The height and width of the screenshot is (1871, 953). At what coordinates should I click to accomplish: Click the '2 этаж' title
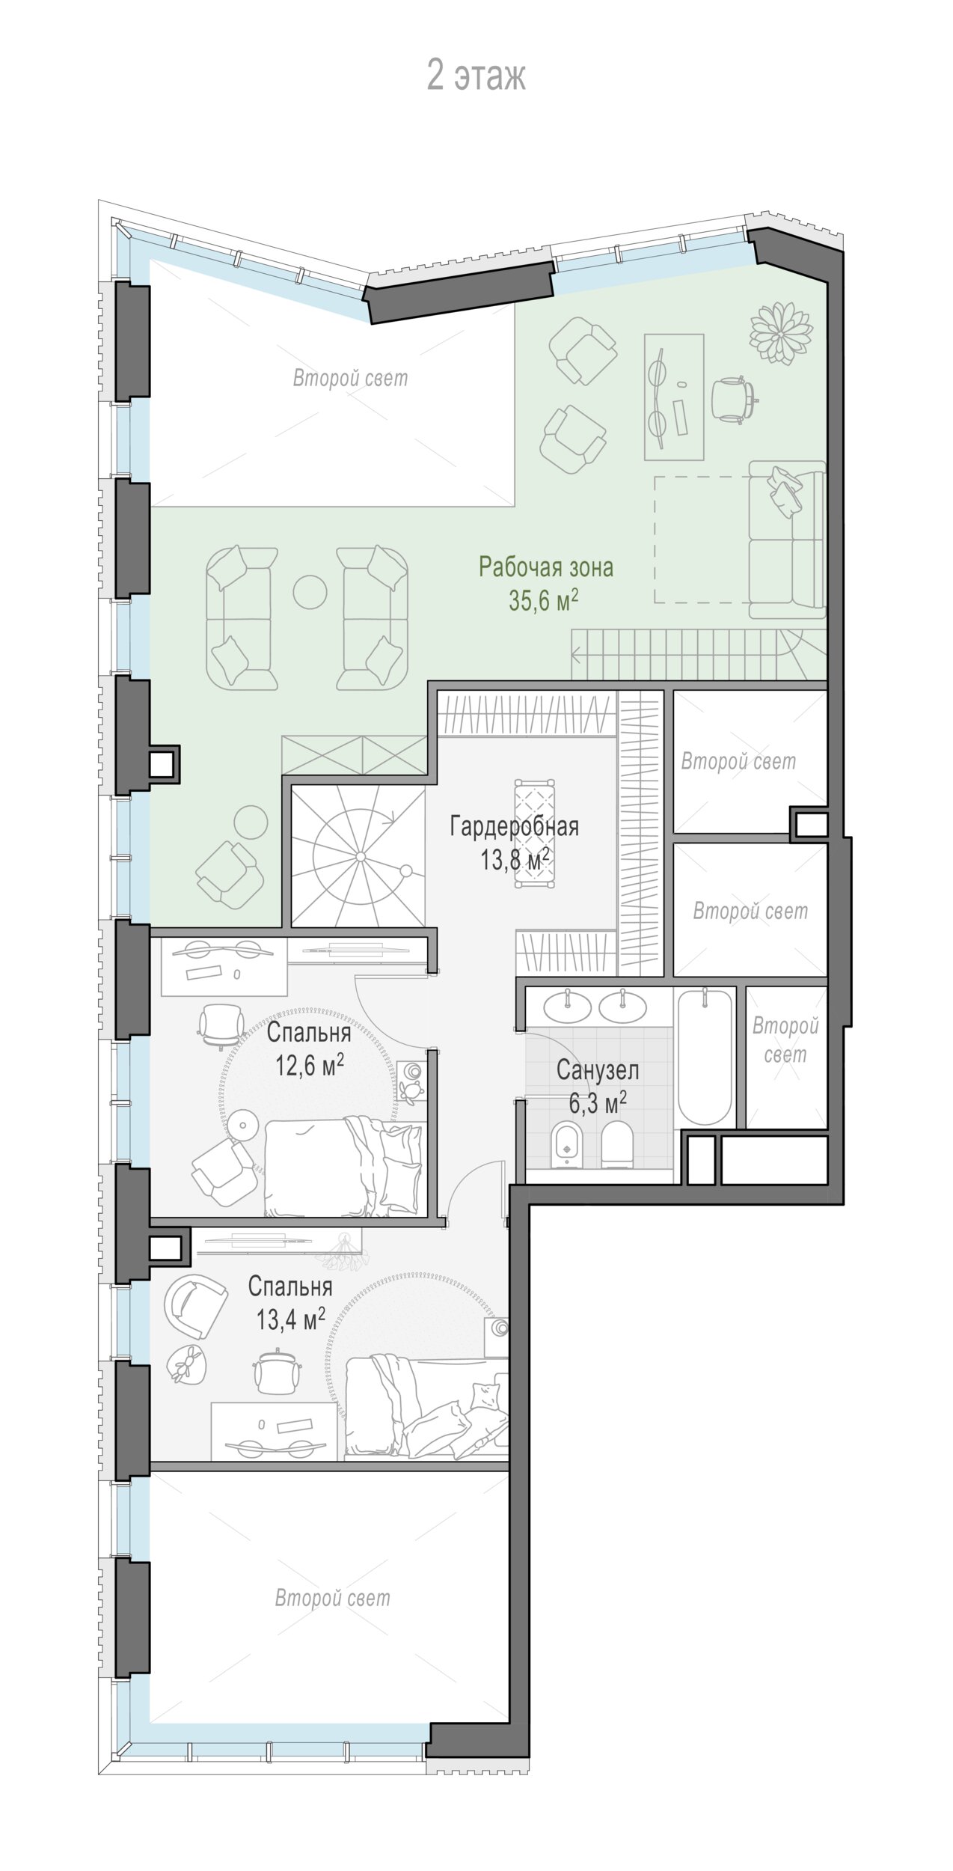[x=476, y=76]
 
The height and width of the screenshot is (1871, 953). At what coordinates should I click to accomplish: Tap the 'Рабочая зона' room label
[x=546, y=567]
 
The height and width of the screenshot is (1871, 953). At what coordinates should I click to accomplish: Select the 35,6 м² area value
[x=544, y=600]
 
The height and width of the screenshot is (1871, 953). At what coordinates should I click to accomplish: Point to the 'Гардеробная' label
[x=515, y=827]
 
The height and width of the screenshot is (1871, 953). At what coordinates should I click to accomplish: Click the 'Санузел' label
[x=598, y=1070]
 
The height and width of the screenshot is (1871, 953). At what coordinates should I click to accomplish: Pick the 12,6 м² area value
[x=309, y=1064]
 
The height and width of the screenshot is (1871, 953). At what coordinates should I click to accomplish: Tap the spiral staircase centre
[x=360, y=856]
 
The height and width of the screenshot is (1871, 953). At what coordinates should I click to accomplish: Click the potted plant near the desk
[x=782, y=332]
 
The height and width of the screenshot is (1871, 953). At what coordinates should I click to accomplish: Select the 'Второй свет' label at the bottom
[x=333, y=1598]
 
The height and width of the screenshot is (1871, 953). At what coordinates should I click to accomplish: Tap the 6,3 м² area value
[x=598, y=1103]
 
